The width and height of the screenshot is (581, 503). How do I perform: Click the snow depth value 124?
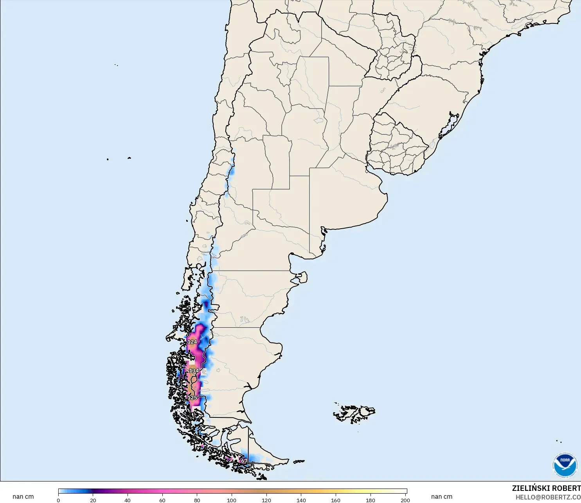tap(192, 342)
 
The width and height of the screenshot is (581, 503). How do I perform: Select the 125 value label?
tap(192, 398)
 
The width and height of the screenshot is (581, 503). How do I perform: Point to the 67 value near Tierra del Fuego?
tap(244, 461)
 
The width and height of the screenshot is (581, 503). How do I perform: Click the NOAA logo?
tap(565, 465)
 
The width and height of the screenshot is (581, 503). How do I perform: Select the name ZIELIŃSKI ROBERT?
tap(546, 489)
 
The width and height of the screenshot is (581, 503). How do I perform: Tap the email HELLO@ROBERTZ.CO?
tap(548, 497)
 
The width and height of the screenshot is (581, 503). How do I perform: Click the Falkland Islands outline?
tap(354, 413)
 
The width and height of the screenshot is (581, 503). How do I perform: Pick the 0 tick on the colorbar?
tap(58, 500)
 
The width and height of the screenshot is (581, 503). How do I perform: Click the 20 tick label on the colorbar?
tap(93, 500)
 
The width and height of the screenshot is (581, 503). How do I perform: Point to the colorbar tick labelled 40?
tap(128, 500)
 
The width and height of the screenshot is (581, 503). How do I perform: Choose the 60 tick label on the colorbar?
tap(162, 500)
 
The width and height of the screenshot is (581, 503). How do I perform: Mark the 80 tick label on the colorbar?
tap(197, 500)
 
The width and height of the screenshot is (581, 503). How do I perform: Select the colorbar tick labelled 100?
tap(232, 500)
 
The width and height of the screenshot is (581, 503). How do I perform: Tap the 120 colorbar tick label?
tap(266, 500)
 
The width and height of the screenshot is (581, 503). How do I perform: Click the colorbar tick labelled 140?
tap(301, 500)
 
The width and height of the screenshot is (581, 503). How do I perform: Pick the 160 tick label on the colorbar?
tap(336, 500)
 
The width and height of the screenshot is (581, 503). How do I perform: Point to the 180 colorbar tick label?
tap(371, 500)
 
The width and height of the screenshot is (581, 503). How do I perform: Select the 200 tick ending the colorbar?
tap(405, 500)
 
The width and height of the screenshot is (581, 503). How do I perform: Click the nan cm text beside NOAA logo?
tap(442, 497)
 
